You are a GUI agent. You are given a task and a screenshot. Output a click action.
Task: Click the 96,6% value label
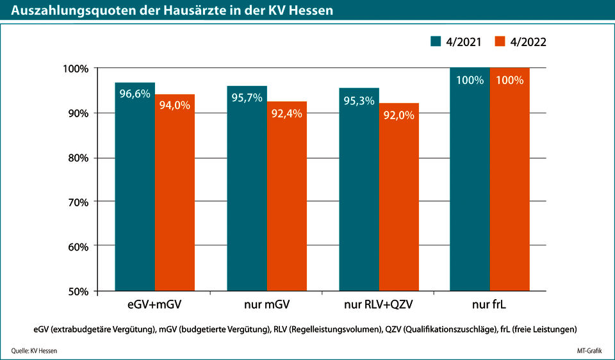pyautogui.click(x=135, y=94)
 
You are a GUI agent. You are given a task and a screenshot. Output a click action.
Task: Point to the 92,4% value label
pyautogui.click(x=287, y=113)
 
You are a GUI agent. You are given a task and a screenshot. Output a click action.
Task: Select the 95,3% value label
pyautogui.click(x=359, y=100)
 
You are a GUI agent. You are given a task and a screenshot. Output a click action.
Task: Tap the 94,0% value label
pyautogui.click(x=174, y=106)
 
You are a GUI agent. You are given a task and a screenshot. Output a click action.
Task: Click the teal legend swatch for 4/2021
pyautogui.click(x=436, y=41)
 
